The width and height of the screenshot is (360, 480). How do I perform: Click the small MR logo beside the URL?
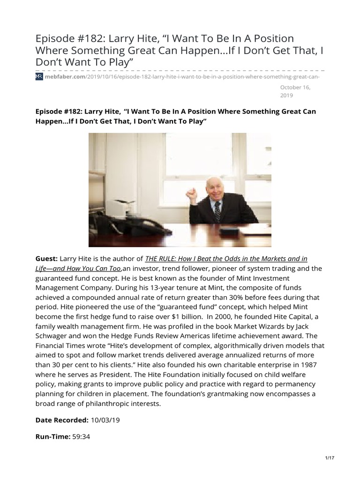point(39,76)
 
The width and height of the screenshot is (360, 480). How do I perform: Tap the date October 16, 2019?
point(295,91)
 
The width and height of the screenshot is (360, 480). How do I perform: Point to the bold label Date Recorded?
point(62,420)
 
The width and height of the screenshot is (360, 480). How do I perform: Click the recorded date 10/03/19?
point(105,420)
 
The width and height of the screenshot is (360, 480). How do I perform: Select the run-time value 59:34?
point(82,436)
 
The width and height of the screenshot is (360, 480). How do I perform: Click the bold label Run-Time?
point(52,436)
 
